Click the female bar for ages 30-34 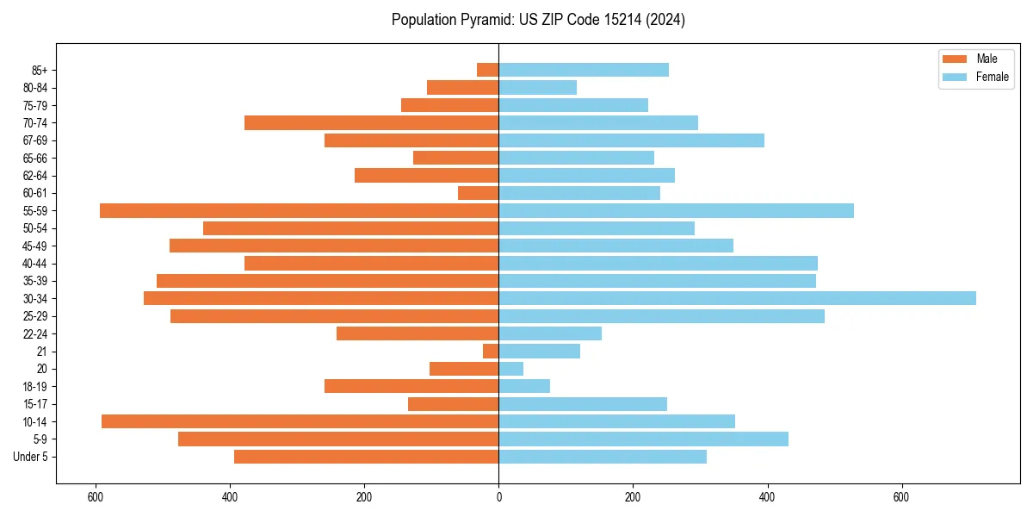click(x=737, y=298)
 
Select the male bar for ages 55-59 click(x=299, y=210)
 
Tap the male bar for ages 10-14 click(x=300, y=421)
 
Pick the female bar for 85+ click(x=584, y=70)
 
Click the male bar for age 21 click(x=491, y=351)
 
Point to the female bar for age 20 click(x=511, y=369)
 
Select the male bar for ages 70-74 click(x=371, y=122)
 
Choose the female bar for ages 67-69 click(x=631, y=140)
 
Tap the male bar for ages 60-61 click(x=478, y=193)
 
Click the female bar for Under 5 click(x=603, y=457)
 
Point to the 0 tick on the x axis click(x=498, y=497)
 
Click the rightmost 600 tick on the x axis click(x=901, y=497)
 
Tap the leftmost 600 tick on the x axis click(x=96, y=497)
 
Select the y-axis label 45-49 click(x=35, y=246)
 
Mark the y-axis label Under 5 click(x=31, y=457)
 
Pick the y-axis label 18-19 click(x=35, y=386)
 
